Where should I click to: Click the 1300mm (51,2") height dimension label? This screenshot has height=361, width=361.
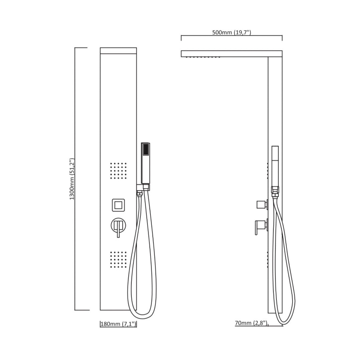72,178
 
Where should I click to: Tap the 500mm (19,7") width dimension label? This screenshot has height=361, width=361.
231,32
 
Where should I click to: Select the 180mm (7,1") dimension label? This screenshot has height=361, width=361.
118,324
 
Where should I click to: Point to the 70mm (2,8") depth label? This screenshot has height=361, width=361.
251,323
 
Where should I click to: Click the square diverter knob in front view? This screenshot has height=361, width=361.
118,205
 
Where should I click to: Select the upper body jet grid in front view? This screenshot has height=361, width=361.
118,170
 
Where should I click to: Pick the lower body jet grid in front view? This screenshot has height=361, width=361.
118,259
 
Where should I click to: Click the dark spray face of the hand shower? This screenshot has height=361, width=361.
145,149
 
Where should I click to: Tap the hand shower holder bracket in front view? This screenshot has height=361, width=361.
143,187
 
